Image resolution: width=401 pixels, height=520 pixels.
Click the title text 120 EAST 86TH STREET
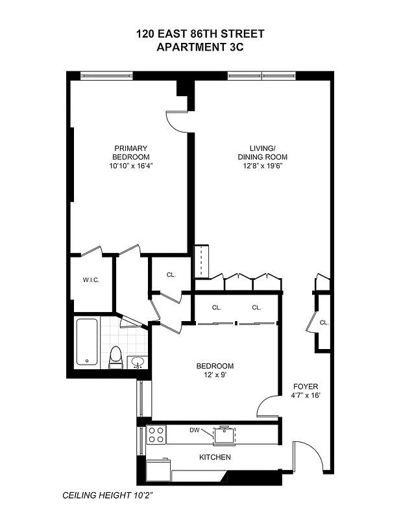[200, 34]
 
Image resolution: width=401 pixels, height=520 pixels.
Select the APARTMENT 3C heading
[200, 47]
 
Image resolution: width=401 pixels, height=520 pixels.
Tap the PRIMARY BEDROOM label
[130, 153]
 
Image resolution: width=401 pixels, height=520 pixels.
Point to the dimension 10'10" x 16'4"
[130, 166]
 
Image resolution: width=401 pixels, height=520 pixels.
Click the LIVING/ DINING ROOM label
[262, 152]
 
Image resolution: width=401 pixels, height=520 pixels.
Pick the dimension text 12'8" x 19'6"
[262, 166]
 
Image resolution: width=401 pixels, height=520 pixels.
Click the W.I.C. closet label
[90, 280]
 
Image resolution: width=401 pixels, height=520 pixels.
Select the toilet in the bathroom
[116, 357]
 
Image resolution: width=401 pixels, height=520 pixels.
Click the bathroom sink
[137, 361]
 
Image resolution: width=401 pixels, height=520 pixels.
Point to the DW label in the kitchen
[194, 430]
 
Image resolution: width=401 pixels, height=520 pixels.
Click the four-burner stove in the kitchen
[156, 434]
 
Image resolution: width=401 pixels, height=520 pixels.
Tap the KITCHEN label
[215, 458]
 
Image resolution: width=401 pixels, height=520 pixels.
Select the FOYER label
[305, 386]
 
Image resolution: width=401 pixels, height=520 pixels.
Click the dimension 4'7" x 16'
[305, 395]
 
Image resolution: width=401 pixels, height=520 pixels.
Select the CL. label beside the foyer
[324, 322]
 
